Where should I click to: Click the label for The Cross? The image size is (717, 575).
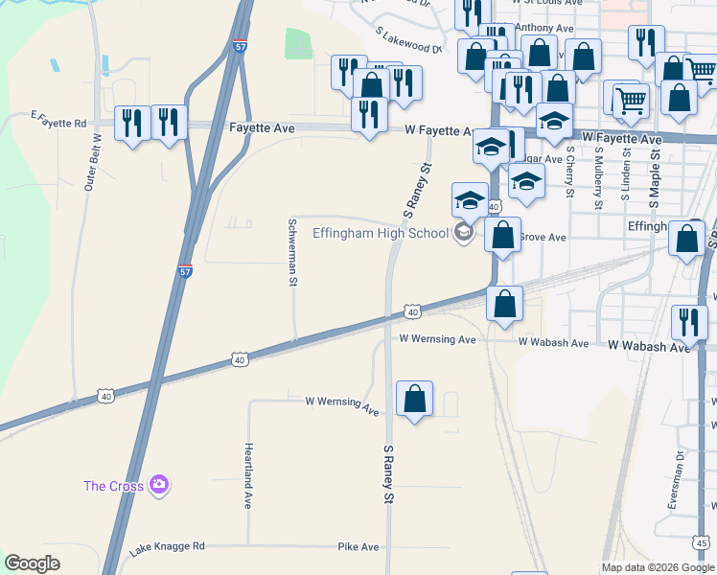point(113,486)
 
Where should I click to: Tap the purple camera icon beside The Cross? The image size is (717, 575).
point(159,486)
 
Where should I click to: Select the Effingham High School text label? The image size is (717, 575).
point(381,233)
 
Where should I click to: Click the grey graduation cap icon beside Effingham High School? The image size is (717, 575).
point(464,233)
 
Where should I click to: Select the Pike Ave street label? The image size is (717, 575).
point(358,547)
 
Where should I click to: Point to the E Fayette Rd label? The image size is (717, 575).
point(58,120)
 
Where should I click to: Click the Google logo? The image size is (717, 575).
point(32,563)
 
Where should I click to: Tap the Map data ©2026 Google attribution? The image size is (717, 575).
point(657,568)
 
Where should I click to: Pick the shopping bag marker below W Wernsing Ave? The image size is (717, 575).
point(414,401)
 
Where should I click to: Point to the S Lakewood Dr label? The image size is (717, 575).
point(408,40)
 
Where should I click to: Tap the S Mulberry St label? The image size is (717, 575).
point(598,177)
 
